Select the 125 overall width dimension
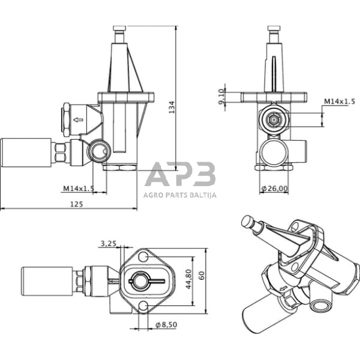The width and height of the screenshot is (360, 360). click(77, 205)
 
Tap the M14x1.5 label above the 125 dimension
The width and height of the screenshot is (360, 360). click(78, 189)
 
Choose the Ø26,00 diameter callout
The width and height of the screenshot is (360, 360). click(274, 189)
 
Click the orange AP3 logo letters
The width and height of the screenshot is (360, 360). click(180, 174)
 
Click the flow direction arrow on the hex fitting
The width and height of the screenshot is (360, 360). click(78, 120)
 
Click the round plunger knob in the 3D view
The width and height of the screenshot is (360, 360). click(248, 222)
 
